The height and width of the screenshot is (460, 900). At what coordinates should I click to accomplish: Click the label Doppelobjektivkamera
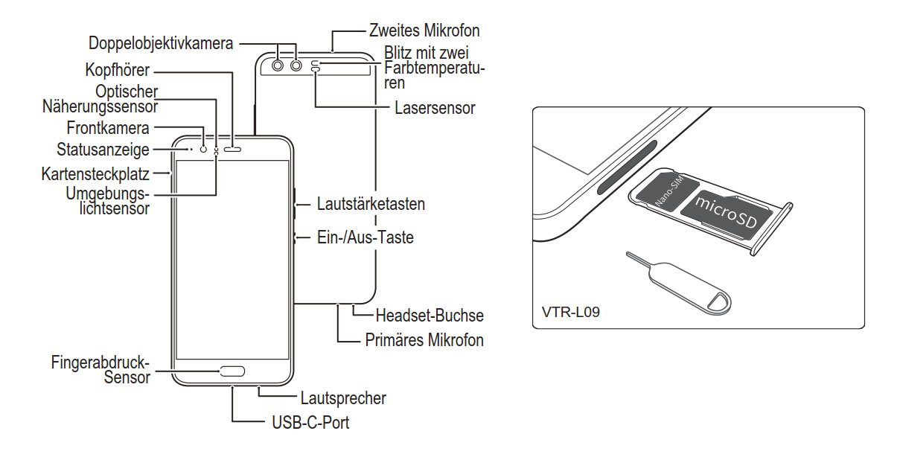pos(161,43)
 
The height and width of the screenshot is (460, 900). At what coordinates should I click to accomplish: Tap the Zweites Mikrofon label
pos(424,31)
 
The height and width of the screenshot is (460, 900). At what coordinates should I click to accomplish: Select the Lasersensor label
pos(435,108)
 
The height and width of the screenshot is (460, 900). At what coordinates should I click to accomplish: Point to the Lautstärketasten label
pos(371,203)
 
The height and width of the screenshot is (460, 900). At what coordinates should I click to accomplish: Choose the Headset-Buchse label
pos(430,315)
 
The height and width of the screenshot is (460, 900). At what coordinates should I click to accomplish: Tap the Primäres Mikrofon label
pos(424,340)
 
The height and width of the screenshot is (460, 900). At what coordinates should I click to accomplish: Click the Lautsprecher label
pos(343,397)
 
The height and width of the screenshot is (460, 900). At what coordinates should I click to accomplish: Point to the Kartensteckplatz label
pos(96,174)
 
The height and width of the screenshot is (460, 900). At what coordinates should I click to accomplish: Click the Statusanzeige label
pos(103,150)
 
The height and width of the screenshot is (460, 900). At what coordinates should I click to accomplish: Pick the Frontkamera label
pos(108,128)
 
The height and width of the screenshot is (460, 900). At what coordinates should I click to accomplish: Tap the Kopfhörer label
pos(118,71)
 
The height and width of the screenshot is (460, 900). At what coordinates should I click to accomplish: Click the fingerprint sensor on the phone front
pos(232,370)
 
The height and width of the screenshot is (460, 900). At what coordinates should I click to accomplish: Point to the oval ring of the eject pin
pos(715,301)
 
